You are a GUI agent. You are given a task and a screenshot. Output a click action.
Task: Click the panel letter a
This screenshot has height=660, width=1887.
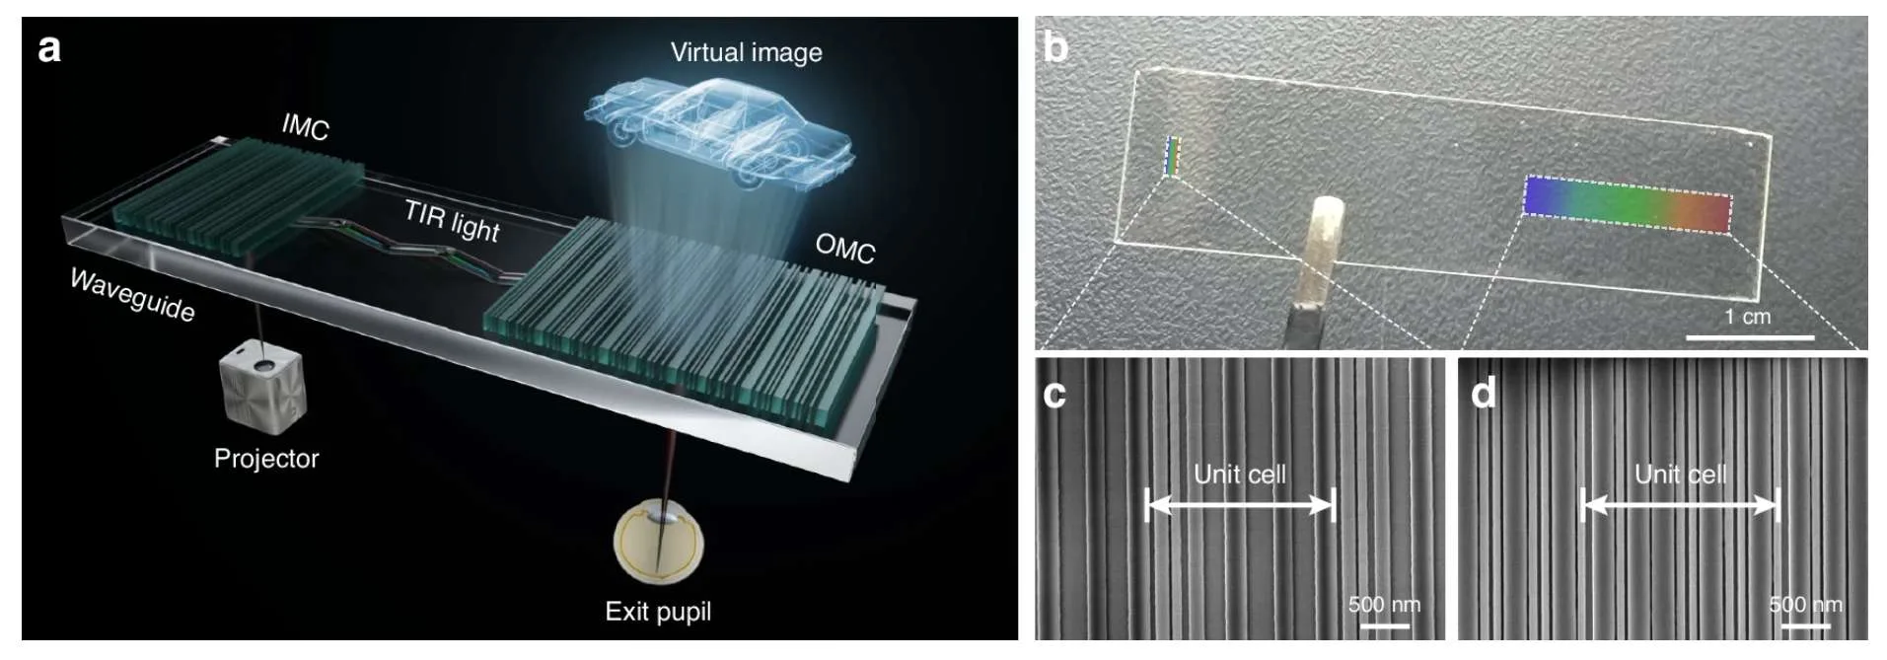[x=49, y=48]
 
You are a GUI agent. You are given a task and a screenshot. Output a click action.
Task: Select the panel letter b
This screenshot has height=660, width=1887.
[x=1055, y=46]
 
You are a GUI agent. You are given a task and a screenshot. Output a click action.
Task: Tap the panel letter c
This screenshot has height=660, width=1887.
[x=1054, y=394]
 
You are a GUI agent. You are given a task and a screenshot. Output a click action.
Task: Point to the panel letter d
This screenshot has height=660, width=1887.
[x=1483, y=392]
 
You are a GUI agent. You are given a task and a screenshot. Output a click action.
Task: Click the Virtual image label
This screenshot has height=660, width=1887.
[x=746, y=52]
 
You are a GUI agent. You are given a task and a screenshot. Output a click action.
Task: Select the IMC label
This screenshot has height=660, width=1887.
[x=305, y=126]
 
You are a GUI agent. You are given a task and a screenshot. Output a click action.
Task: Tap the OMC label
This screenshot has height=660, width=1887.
[x=845, y=249]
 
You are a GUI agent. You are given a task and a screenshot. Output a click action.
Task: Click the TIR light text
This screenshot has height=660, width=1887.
[x=453, y=220]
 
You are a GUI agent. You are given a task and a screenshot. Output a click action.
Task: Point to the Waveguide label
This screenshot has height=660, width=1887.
[x=132, y=295]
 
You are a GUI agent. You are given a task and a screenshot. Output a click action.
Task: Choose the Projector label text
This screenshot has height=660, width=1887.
[x=266, y=459]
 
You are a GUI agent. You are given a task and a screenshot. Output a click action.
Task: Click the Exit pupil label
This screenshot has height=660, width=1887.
[x=658, y=612]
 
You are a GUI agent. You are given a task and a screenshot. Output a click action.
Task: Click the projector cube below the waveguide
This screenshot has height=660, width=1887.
[x=262, y=387]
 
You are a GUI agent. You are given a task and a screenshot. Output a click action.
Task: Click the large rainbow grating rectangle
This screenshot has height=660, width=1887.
[x=1628, y=204]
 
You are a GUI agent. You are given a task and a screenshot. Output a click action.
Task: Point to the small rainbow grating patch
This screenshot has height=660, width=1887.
[x=1172, y=156]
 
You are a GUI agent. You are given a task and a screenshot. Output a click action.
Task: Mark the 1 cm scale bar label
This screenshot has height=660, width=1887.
[x=1747, y=317]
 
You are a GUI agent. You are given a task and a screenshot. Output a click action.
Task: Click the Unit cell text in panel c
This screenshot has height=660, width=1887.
[x=1240, y=475]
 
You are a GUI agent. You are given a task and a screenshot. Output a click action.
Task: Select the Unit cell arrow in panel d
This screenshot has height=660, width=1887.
[x=1681, y=506]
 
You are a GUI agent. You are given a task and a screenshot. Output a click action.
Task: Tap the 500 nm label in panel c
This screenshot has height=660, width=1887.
[x=1384, y=604]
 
